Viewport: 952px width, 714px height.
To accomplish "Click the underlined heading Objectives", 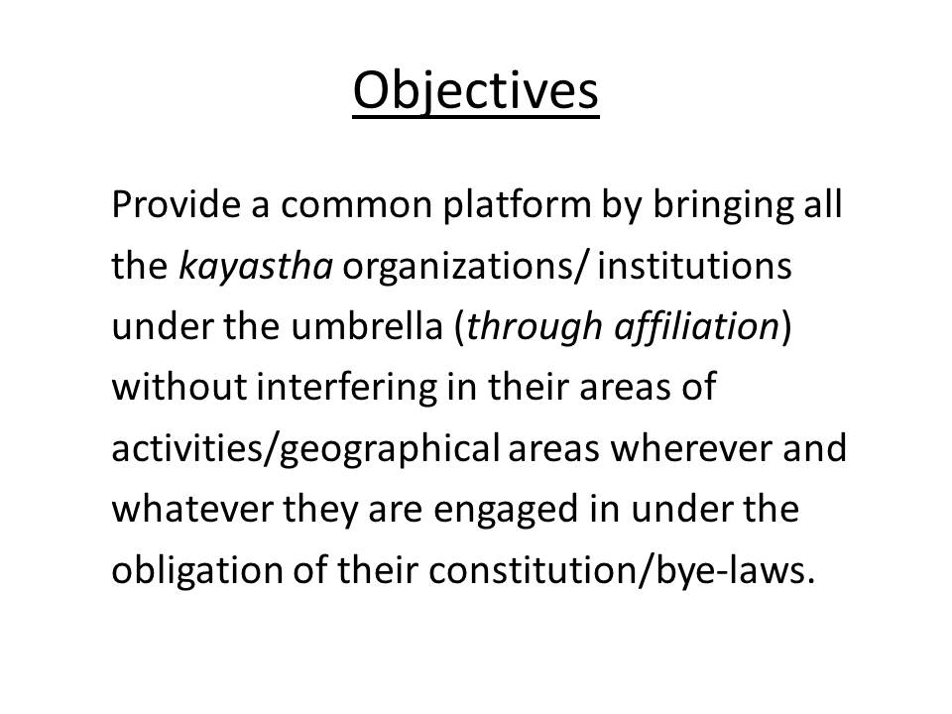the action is (476, 91).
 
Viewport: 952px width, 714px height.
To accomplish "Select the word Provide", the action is (177, 204).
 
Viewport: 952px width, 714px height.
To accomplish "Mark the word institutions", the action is (694, 266).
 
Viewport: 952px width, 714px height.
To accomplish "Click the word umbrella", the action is (367, 326).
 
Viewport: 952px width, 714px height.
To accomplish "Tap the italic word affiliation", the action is (696, 326).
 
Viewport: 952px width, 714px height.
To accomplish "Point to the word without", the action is (179, 387).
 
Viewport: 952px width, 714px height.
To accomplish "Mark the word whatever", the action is (192, 509).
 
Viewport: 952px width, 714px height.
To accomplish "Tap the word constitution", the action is (532, 569).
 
